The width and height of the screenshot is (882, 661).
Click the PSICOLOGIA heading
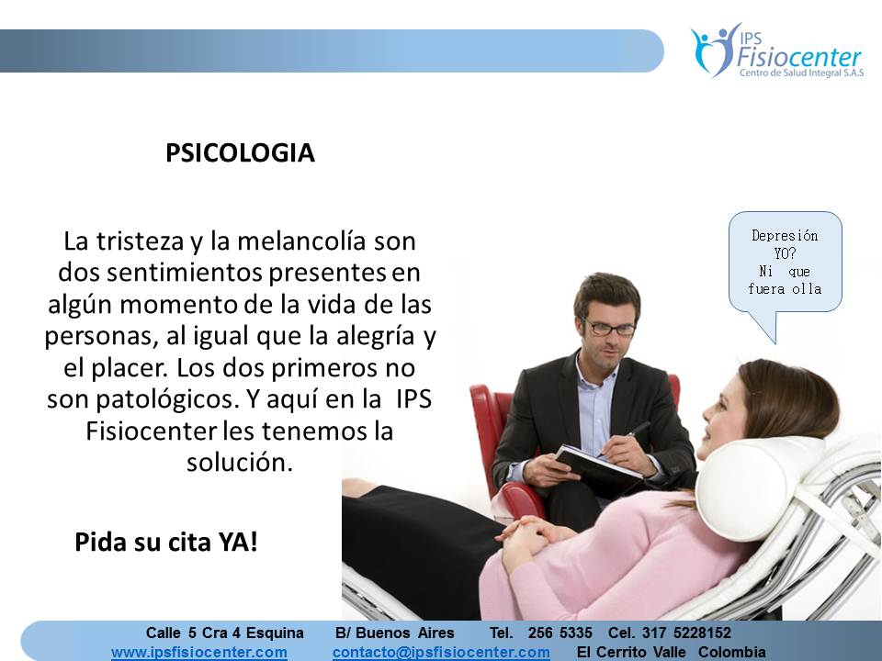click(240, 153)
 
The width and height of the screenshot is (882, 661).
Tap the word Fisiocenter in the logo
click(799, 61)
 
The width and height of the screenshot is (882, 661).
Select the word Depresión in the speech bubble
click(785, 235)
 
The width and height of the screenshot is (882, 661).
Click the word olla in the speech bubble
click(808, 289)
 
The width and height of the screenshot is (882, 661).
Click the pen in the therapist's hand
click(634, 431)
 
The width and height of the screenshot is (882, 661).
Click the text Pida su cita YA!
click(166, 542)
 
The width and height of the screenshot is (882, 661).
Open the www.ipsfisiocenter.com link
click(198, 652)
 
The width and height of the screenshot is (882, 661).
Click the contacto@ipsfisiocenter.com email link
click(441, 652)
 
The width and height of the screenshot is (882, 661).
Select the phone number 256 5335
click(560, 633)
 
